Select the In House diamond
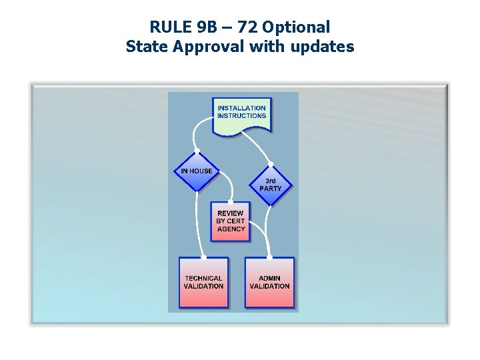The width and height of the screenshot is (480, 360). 197,171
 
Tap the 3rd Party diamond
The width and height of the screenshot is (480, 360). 270,185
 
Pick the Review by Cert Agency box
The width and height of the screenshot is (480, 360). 231,221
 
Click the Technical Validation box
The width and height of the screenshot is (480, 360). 203,283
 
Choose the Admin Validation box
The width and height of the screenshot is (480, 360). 269,283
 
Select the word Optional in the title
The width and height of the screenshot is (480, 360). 296,27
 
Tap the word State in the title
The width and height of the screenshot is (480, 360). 145,47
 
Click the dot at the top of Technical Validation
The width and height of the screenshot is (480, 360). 203,257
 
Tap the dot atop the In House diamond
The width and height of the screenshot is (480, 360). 197,151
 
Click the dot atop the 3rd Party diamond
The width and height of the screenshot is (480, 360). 270,164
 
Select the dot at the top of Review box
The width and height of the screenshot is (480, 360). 231,201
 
